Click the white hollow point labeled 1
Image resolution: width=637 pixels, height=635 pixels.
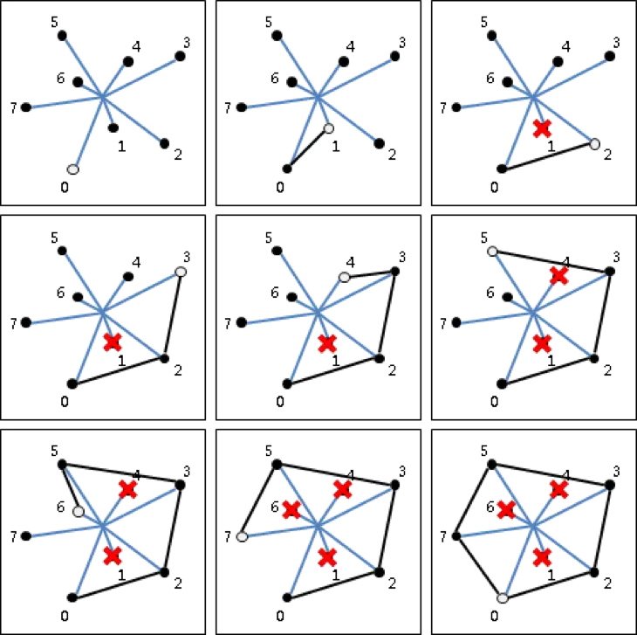(329, 128)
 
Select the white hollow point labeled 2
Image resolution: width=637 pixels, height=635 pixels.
(594, 144)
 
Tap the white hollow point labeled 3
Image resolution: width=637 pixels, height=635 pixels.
(181, 272)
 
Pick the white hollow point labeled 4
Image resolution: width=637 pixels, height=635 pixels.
(344, 277)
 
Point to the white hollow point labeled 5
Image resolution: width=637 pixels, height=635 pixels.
(492, 252)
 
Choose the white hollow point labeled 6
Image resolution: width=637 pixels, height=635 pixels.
(79, 512)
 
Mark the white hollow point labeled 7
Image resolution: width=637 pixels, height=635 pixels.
(242, 537)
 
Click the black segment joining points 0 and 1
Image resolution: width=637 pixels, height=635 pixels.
(308, 148)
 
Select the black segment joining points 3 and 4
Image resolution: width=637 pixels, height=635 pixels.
(369, 274)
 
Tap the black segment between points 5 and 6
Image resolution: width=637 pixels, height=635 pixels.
(71, 488)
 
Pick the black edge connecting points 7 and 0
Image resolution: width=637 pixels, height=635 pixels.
(479, 568)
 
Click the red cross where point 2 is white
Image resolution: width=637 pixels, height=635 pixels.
(543, 128)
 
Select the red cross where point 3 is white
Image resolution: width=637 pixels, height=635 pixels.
(113, 342)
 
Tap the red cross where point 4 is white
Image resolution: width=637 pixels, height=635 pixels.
(327, 344)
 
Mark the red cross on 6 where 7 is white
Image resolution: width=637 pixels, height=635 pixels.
(291, 509)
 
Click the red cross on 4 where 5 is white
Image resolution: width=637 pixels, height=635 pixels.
(559, 275)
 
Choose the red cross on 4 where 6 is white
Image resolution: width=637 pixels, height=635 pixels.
(128, 489)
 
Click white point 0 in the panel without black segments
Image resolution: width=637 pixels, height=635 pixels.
(73, 169)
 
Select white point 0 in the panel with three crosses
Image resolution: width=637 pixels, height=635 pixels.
(503, 598)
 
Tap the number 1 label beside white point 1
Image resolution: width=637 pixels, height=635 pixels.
(336, 147)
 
